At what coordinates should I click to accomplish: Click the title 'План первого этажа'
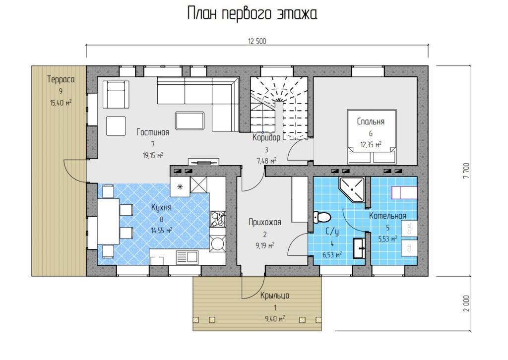click(x=252, y=14)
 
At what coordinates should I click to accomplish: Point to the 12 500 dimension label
click(x=257, y=41)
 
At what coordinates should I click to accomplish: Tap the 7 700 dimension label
click(x=466, y=171)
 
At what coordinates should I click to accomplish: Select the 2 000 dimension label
click(x=466, y=303)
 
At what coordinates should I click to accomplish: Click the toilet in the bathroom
click(x=321, y=217)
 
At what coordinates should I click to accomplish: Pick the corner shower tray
click(x=352, y=190)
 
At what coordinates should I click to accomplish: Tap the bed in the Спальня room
click(x=372, y=136)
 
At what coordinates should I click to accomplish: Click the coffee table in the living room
click(x=190, y=121)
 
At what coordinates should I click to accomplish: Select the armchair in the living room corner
click(x=116, y=94)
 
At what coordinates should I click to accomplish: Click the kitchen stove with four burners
click(x=217, y=219)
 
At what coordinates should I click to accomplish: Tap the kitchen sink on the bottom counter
click(x=187, y=257)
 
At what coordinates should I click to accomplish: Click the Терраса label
click(x=61, y=79)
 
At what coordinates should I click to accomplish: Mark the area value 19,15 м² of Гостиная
click(x=153, y=155)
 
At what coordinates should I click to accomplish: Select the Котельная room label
click(x=388, y=216)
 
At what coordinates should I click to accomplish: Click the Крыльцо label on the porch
click(x=275, y=296)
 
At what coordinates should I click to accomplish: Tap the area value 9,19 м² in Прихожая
click(x=265, y=245)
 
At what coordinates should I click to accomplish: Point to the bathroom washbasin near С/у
click(x=359, y=248)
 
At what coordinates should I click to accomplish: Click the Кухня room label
click(x=161, y=207)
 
